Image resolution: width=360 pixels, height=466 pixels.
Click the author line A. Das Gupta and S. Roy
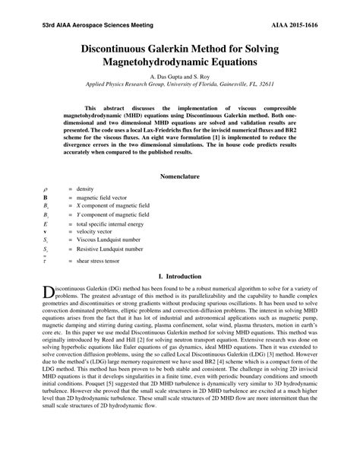pyautogui.click(x=180, y=77)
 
